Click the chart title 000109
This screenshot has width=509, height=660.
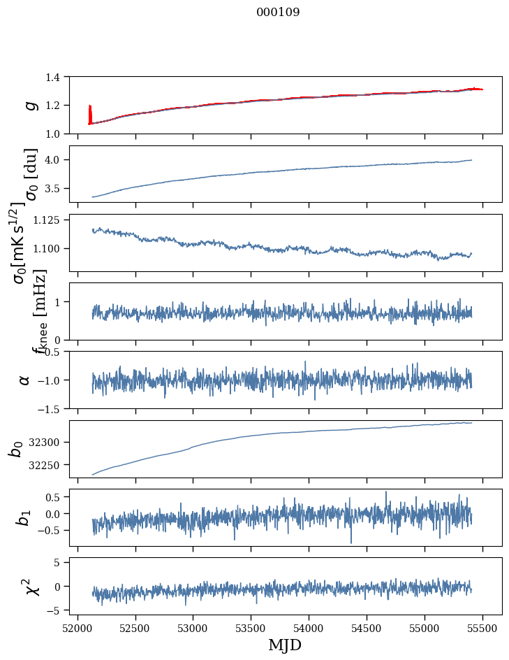[x=278, y=13]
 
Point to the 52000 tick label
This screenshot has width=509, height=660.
[x=78, y=627]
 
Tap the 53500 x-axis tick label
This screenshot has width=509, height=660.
[x=251, y=627]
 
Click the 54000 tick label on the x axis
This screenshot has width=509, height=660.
[x=309, y=627]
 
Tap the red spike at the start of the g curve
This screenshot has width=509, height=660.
[x=90, y=113]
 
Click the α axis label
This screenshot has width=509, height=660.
[x=25, y=380]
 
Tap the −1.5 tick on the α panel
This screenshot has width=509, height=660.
[x=53, y=408]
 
